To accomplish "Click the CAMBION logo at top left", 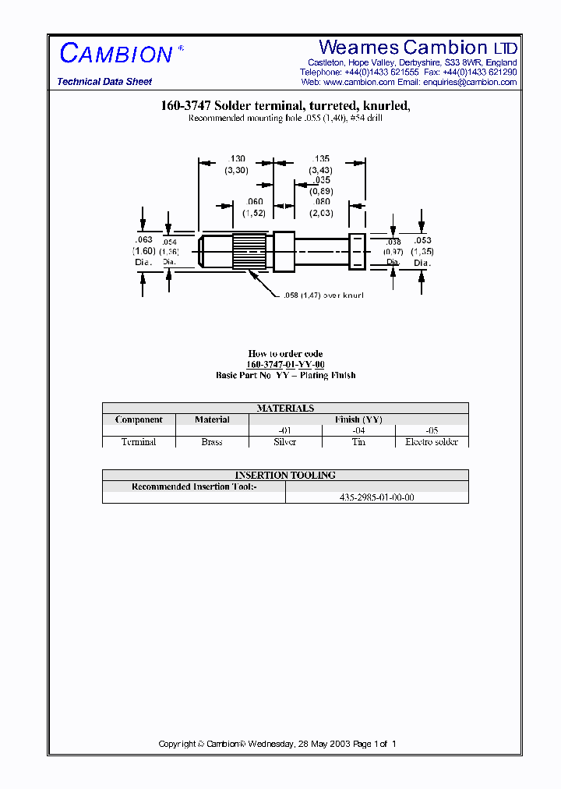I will tap(116, 54).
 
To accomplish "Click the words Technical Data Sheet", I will tap(104, 82).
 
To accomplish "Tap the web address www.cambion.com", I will tap(358, 82).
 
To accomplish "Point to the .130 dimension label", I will tap(236, 158).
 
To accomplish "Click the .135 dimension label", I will tap(321, 158).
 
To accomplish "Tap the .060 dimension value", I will tap(254, 202).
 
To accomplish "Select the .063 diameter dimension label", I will tap(144, 240).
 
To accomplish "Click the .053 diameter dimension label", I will tap(422, 241).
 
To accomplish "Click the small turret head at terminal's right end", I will tap(357, 250).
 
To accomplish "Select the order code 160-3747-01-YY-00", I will tap(285, 365).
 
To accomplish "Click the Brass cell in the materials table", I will tap(212, 442).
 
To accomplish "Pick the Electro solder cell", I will tap(432, 442).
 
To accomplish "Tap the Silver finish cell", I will tap(285, 442).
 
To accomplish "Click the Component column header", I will tap(139, 419).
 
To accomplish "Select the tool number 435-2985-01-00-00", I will tap(377, 497).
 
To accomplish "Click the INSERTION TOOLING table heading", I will tap(285, 475).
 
